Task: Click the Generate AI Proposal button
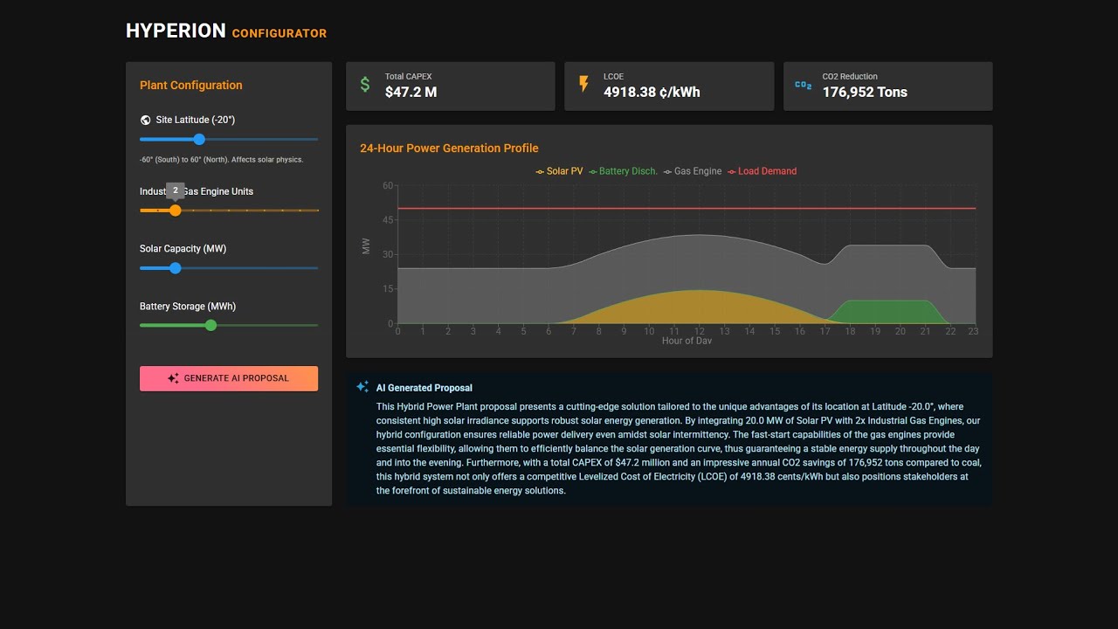(229, 378)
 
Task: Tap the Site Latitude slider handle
(199, 140)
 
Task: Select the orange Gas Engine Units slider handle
(176, 211)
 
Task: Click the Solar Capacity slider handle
(176, 268)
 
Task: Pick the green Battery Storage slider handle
(210, 325)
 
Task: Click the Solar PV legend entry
(559, 171)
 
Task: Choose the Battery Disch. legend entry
(623, 171)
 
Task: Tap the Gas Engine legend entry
(693, 171)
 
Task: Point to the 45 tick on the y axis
(388, 220)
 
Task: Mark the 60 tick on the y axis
(388, 186)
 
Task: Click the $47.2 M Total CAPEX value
(411, 93)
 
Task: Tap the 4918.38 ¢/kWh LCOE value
(652, 93)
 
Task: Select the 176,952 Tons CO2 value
(865, 93)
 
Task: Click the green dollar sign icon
(365, 85)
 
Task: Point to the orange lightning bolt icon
(583, 85)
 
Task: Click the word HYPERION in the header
(176, 31)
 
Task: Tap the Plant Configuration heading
(191, 86)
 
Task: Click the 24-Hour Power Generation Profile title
(449, 149)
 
